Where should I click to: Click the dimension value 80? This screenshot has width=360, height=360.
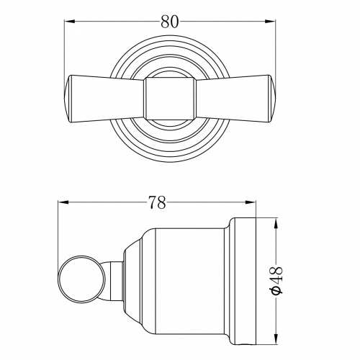tap(170, 22)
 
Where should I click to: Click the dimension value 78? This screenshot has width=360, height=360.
tap(157, 202)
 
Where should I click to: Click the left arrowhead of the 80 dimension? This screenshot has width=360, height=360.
tap(69, 22)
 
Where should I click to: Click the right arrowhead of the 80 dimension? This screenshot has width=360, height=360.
tap(271, 22)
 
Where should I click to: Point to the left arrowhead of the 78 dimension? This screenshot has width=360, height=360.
tap(63, 202)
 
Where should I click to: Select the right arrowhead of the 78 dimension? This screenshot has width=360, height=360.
tap(251, 202)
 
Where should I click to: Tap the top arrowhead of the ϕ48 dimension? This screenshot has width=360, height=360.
tap(276, 223)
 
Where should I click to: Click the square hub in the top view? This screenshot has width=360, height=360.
tap(170, 99)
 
